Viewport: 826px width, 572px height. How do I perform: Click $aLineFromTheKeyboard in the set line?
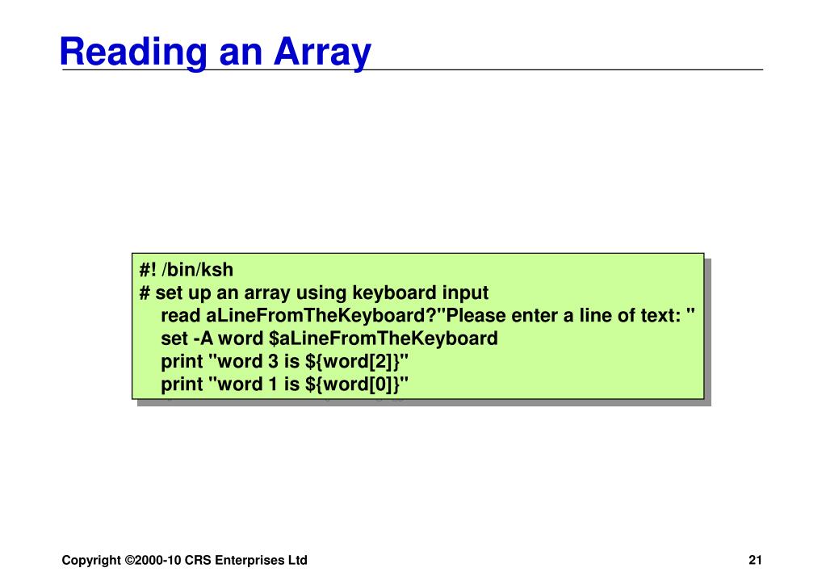point(384,338)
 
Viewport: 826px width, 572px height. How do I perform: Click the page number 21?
point(755,560)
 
